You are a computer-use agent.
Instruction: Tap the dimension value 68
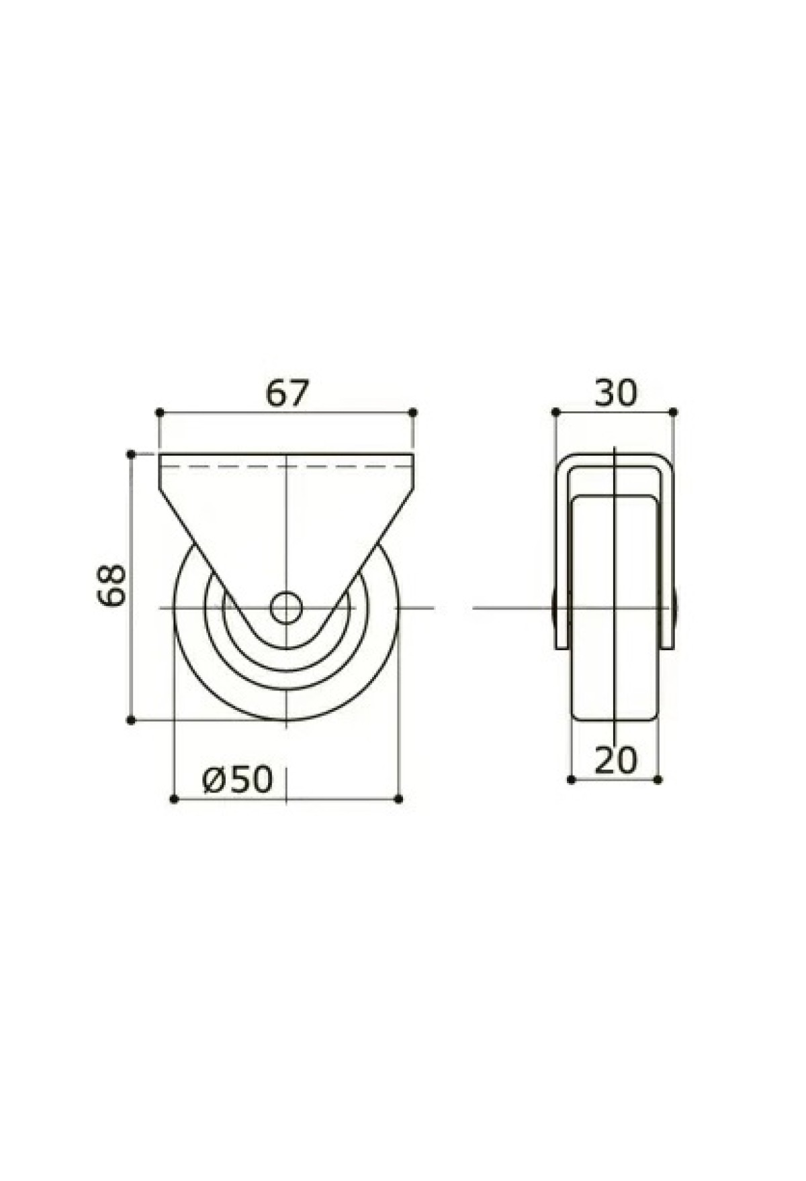111,585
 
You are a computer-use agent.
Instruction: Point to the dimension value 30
615,393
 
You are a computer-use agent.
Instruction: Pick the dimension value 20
615,760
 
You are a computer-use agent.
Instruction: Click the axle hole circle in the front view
286,608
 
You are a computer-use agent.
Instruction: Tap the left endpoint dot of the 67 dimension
160,411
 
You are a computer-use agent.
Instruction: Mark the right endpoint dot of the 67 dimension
413,411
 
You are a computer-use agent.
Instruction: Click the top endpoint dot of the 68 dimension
132,454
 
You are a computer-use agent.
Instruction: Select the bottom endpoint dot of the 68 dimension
132,721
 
